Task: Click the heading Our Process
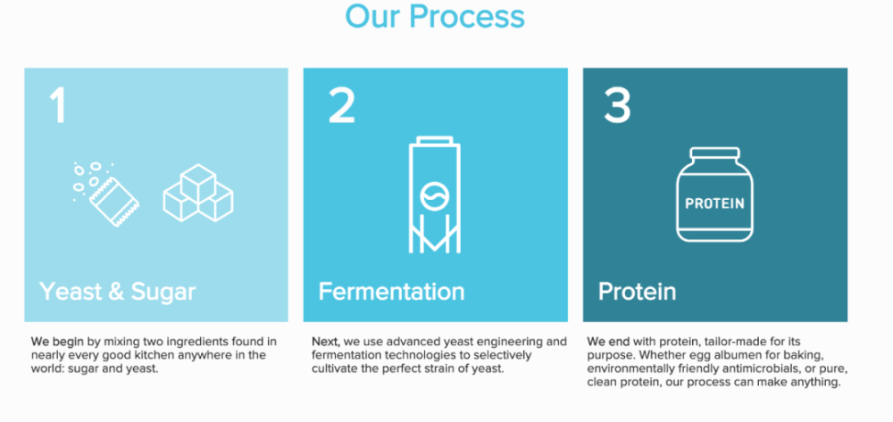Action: point(435,16)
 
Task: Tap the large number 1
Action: point(58,105)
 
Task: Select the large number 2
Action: point(342,105)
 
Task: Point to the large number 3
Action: point(617,105)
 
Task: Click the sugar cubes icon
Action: point(198,193)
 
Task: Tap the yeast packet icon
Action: point(106,194)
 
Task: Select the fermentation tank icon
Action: point(435,194)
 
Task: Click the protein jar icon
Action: point(714,194)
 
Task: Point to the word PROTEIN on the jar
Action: point(714,203)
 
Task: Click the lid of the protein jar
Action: point(714,153)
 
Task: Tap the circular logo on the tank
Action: point(435,195)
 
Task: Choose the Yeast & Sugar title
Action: point(117,292)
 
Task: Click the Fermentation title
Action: point(391,291)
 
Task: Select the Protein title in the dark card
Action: point(637,292)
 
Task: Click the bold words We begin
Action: point(57,343)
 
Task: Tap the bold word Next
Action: point(326,342)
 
